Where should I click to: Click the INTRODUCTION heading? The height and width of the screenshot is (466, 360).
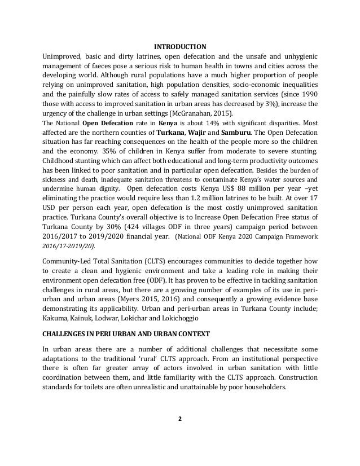pyautogui.click(x=180, y=46)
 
